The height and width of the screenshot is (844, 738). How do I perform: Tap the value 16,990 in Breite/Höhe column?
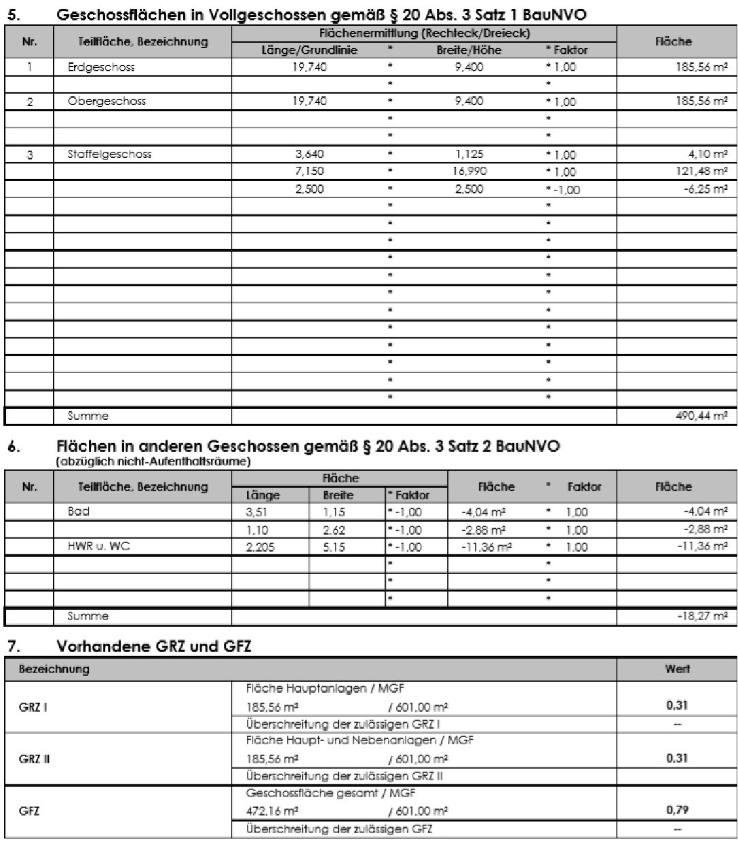coord(469,172)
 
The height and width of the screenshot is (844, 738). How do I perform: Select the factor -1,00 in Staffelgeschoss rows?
coord(562,190)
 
